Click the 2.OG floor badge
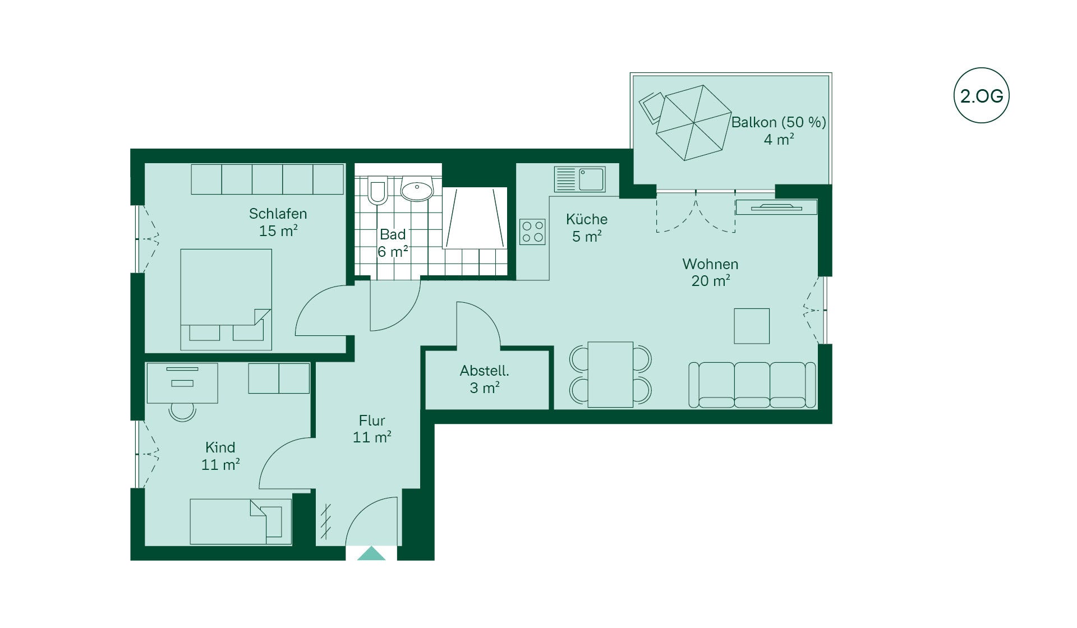(981, 95)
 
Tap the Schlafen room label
(278, 214)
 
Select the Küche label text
(586, 219)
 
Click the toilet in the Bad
(378, 190)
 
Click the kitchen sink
(579, 179)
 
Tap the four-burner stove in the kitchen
(532, 232)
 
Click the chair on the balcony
(651, 107)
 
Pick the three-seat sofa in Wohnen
(752, 385)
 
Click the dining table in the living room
(610, 375)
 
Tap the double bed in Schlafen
(226, 299)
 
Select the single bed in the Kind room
(241, 521)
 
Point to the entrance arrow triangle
(371, 553)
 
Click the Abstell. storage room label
(485, 371)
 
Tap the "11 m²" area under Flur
(372, 437)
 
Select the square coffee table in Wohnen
(752, 326)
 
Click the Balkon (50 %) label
(779, 122)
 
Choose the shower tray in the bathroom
(475, 218)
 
